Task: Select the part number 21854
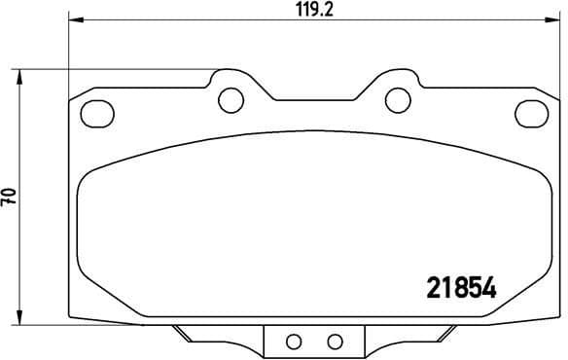pos(463,288)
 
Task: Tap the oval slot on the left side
pos(96,113)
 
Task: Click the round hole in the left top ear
pos(231,98)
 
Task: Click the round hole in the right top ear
pos(397,98)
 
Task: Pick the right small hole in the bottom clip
pos(334,341)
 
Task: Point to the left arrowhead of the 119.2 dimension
pos(73,19)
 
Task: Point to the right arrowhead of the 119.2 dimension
pos(553,19)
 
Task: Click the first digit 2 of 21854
pos(436,288)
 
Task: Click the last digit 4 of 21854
pos(490,288)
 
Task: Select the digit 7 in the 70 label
pos(9,202)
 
